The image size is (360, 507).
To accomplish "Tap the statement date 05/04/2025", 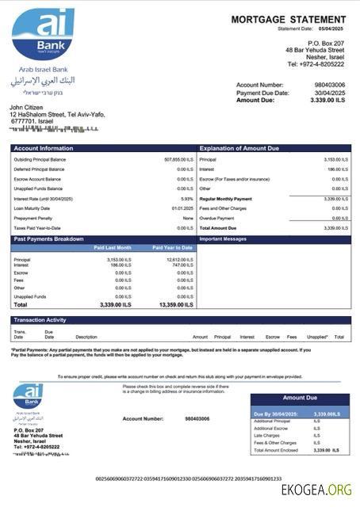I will click(333, 29).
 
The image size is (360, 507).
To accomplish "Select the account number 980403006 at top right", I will click(329, 84).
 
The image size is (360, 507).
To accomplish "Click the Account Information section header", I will click(40, 148).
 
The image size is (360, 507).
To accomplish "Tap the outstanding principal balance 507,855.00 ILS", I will click(178, 159).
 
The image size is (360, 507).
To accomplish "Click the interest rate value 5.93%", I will click(187, 199).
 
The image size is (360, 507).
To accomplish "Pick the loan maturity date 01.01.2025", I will click(182, 208).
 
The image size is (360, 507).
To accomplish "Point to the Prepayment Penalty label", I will click(33, 218).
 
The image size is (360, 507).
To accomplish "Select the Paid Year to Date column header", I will click(172, 247).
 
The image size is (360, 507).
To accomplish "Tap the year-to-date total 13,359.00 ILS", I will click(176, 304).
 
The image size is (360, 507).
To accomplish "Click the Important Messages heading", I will click(224, 238).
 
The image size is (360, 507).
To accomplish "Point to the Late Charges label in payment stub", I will click(267, 435).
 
